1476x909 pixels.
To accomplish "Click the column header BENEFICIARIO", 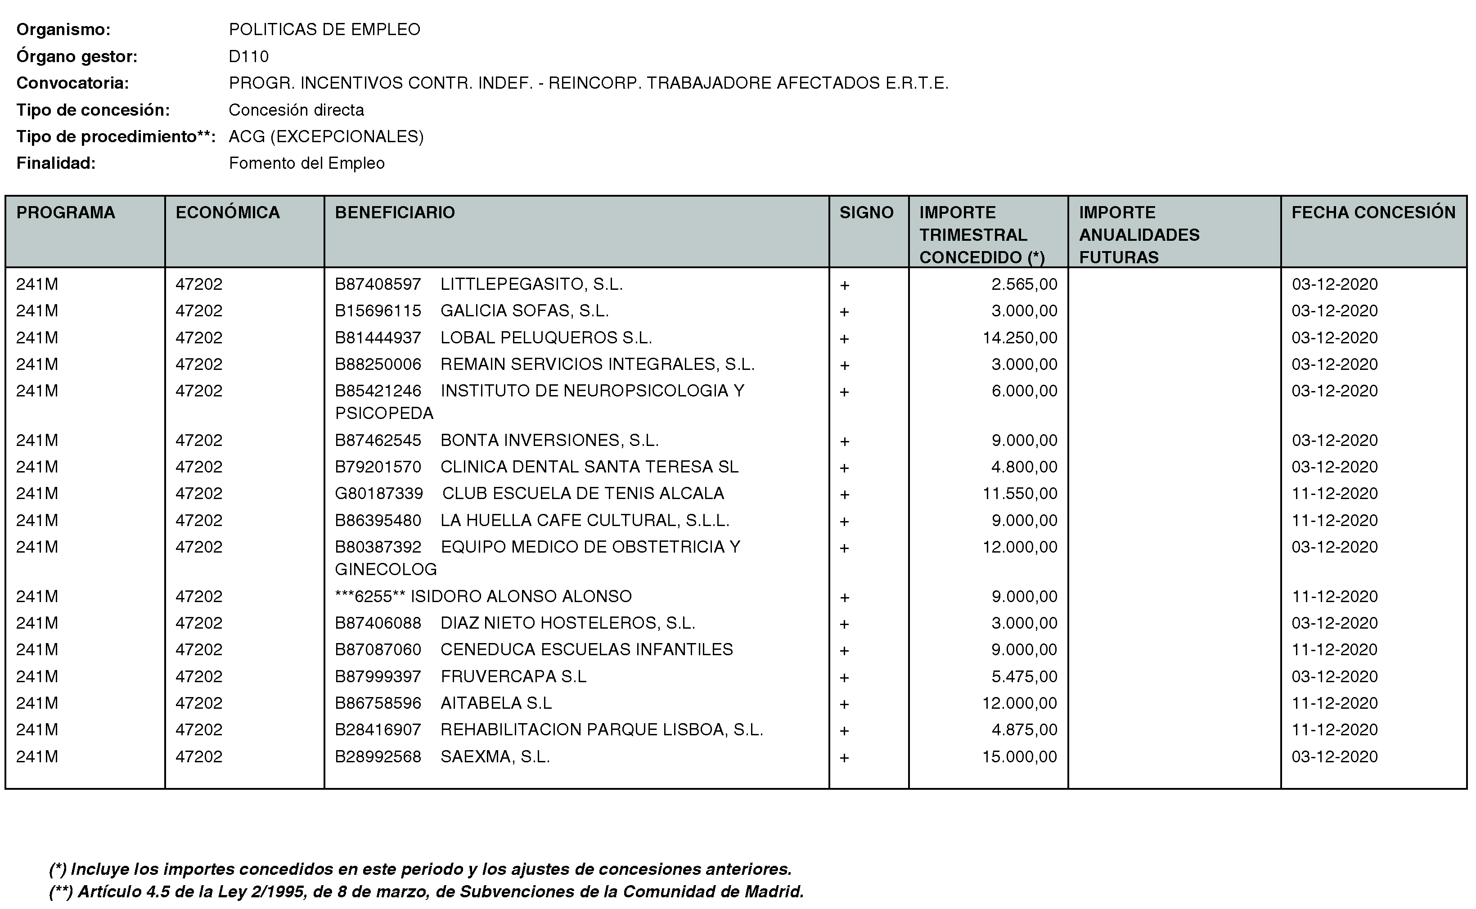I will coord(394,212).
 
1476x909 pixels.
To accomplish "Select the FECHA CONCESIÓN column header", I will coord(1373,212).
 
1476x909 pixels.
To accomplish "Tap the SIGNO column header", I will coord(866,212).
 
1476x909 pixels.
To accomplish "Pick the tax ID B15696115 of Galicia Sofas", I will coord(378,311).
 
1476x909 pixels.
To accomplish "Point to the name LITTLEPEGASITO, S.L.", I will coord(531,284).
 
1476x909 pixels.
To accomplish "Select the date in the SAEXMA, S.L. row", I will coord(1334,756).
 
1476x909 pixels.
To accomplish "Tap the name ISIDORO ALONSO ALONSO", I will coord(521,596).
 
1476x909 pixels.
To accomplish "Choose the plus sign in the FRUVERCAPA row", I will coord(844,678).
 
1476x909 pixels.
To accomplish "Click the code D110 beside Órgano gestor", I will coord(248,57).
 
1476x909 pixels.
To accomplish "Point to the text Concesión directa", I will coord(297,110).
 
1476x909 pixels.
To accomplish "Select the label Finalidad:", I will coord(56,163).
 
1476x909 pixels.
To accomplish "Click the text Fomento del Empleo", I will coord(306,163).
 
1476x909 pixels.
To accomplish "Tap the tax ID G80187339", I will coord(379,494).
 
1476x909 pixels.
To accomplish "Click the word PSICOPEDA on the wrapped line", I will coord(384,413).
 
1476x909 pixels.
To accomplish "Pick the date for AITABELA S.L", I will coord(1334,703).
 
